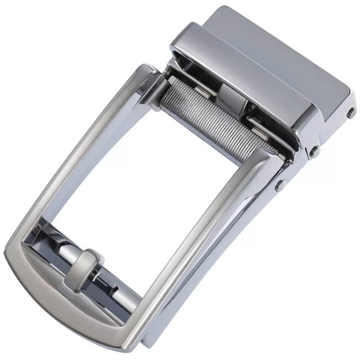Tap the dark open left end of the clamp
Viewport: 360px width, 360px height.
click(180, 63)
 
